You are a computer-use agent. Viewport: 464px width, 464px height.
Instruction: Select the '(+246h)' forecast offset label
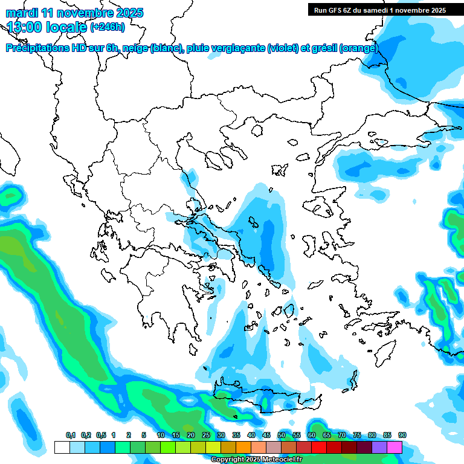(107, 27)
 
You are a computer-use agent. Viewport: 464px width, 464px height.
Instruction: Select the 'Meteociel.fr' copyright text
(279, 460)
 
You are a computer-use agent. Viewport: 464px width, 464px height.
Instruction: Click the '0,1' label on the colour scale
(70, 436)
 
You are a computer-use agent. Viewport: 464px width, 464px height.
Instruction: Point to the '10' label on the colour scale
(160, 436)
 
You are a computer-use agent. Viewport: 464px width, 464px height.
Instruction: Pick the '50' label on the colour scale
(281, 436)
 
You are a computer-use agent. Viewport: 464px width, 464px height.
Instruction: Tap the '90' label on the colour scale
(402, 436)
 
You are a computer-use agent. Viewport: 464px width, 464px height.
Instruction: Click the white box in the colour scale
(62, 447)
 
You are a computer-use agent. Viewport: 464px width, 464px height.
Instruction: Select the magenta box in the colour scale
(394, 447)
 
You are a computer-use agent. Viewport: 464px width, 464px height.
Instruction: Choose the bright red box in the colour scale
(318, 447)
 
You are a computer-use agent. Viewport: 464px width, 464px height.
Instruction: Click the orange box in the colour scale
(243, 447)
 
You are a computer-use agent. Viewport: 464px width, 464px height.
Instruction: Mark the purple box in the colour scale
(379, 447)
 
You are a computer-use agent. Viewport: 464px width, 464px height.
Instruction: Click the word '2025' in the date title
(129, 13)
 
